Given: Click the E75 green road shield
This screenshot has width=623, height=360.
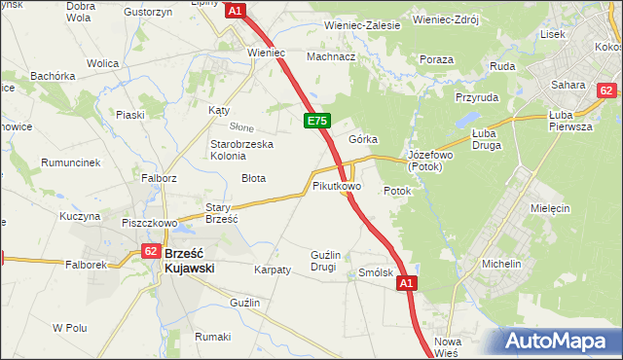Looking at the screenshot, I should [316, 121].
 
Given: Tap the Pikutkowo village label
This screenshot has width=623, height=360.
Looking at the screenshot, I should [337, 185].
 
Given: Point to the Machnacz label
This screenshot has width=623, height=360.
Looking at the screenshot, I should [330, 56].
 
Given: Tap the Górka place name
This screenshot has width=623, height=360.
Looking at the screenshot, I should [363, 139].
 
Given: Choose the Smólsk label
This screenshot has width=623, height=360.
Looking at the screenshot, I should [376, 273].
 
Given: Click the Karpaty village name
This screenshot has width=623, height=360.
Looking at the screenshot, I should [272, 270].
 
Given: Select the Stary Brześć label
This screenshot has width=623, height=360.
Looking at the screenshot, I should [222, 213].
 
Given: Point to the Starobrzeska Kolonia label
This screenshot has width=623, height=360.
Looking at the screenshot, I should [242, 150].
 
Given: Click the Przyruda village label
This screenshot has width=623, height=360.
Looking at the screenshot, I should [476, 97].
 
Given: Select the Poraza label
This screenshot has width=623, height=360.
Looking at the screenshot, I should [437, 60].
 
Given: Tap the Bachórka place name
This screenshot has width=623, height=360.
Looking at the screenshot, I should [53, 75].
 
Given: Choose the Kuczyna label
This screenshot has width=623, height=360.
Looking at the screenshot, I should [80, 216].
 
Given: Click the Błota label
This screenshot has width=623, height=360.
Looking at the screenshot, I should [254, 178].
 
